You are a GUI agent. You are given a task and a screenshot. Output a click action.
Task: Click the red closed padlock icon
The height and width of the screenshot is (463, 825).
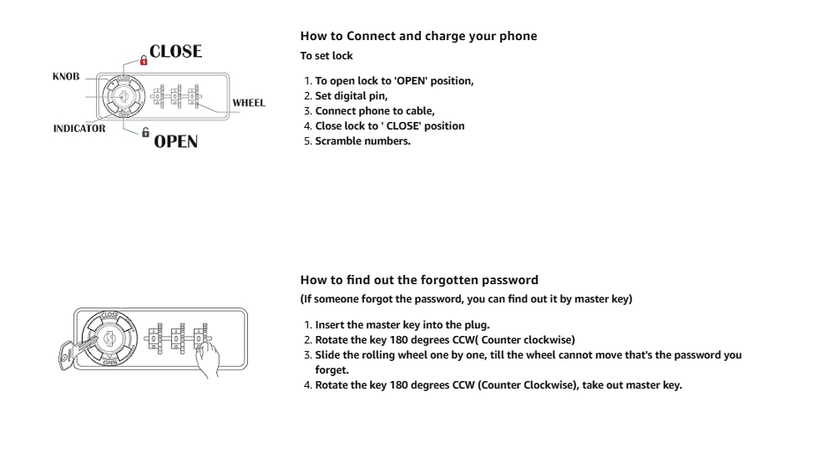(143, 60)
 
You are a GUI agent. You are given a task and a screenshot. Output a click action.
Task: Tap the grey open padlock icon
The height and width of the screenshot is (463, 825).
(145, 132)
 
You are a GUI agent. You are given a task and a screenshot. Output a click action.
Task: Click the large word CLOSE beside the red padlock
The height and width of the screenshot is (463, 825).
(176, 52)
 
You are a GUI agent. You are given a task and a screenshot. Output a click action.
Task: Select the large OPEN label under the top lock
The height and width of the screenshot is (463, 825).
(175, 140)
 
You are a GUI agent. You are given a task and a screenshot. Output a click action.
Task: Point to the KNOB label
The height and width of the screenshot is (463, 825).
(65, 76)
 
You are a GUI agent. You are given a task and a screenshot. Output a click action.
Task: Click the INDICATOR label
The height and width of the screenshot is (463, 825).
(79, 130)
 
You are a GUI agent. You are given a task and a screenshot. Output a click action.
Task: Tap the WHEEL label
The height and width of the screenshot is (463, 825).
(248, 103)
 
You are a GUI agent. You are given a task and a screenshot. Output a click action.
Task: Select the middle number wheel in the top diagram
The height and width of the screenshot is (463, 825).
(176, 97)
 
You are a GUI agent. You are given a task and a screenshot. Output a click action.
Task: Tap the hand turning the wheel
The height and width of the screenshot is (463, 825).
(209, 360)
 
